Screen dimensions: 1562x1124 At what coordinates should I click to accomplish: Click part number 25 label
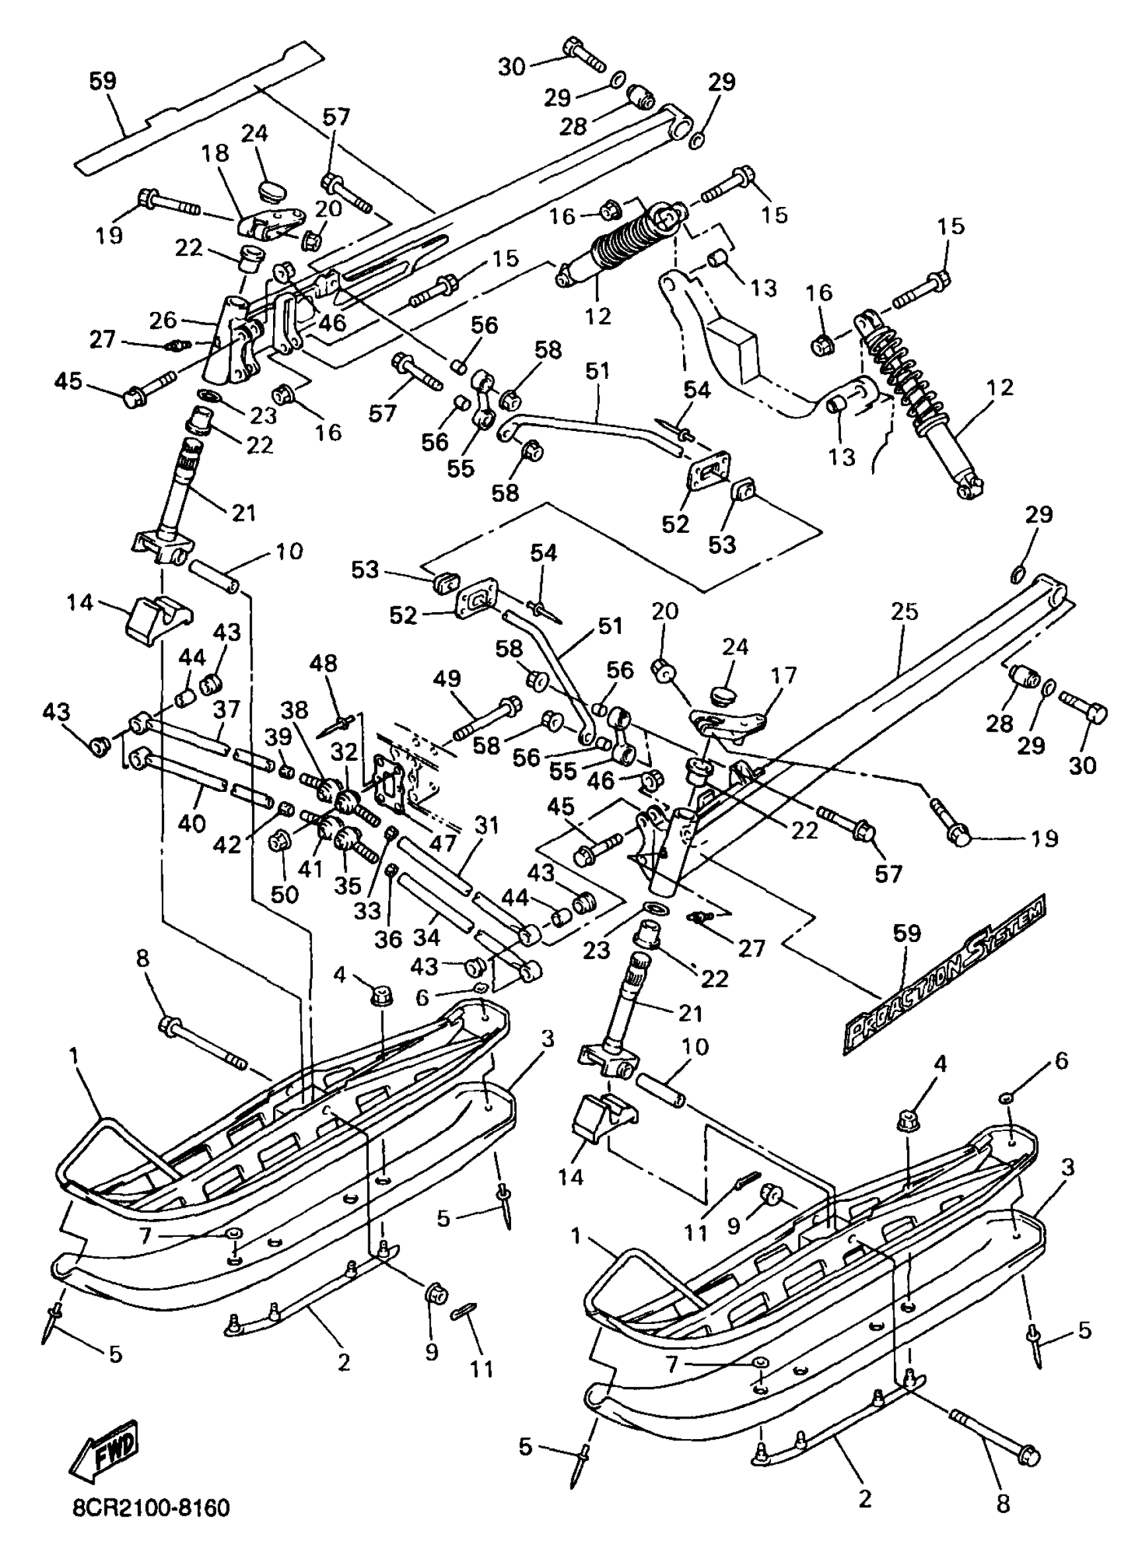(x=904, y=611)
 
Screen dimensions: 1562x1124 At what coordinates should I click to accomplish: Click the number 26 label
(x=164, y=319)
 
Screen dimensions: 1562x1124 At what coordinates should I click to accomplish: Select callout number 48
(x=324, y=663)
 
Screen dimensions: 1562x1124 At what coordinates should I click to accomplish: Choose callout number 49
(x=447, y=678)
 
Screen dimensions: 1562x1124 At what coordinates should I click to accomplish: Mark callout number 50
(x=284, y=894)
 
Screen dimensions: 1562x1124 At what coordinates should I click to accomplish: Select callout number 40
(x=192, y=822)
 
